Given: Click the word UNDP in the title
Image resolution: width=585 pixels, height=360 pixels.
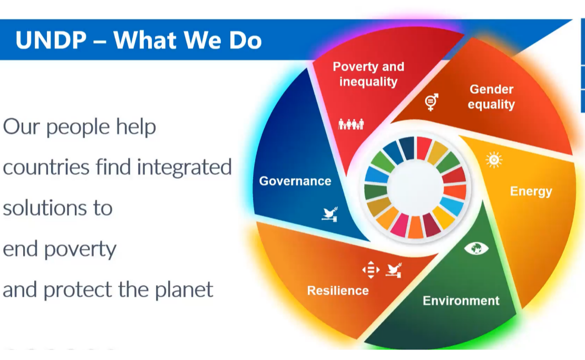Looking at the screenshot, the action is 51,40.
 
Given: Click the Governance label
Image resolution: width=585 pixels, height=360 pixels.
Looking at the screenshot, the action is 295,181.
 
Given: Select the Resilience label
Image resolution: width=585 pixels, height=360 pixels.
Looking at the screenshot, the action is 338,290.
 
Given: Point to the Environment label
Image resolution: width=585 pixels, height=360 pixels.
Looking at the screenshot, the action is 461,300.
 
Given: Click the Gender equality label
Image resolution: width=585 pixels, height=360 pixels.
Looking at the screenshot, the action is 491,96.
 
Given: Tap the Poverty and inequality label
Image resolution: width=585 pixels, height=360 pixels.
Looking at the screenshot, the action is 368,74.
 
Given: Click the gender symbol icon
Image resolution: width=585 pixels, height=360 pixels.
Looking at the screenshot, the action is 432,102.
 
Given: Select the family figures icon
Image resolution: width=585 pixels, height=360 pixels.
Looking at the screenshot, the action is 351,124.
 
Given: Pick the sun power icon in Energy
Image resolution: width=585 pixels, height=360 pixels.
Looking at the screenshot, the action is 494,160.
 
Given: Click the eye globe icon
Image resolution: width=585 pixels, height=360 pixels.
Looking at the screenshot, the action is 476,248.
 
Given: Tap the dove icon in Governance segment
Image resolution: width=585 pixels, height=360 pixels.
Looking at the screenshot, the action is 330,214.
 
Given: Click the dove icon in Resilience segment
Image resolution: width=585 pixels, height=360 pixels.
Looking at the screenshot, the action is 394,270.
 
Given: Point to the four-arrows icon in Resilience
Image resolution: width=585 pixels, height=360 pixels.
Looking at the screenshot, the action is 371,270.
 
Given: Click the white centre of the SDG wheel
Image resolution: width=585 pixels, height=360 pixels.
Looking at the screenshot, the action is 415,188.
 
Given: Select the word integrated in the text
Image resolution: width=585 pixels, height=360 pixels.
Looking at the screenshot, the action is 184,167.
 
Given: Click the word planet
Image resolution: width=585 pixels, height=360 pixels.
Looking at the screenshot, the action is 184,289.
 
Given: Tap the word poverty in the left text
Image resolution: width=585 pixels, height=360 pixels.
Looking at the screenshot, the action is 80,249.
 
